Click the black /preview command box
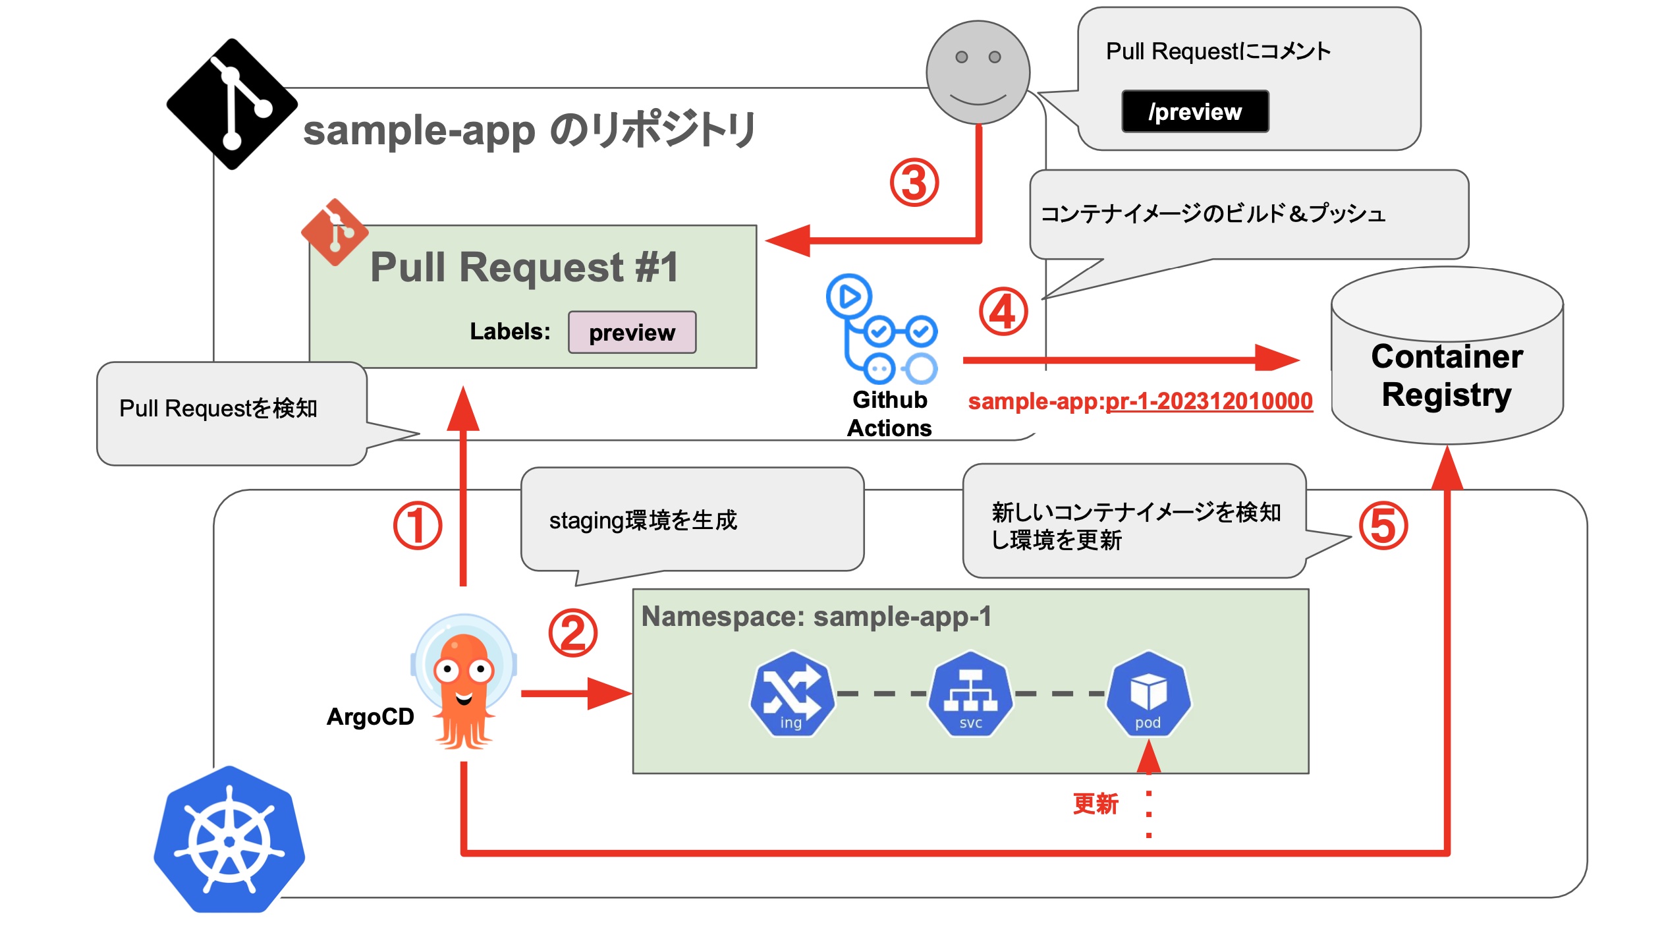[1194, 111]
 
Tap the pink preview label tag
[631, 332]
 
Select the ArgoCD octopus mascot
[464, 685]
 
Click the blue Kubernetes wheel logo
[229, 839]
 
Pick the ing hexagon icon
[791, 693]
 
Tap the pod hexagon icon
[1148, 693]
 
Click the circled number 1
[417, 526]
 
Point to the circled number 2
[572, 633]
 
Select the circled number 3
[914, 183]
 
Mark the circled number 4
[1002, 312]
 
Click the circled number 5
[1383, 526]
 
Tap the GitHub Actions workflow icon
[881, 329]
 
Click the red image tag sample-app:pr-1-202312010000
[1140, 401]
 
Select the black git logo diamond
[231, 104]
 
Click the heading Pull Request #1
[524, 267]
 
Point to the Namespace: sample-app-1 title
[816, 617]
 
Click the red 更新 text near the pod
[1095, 804]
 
